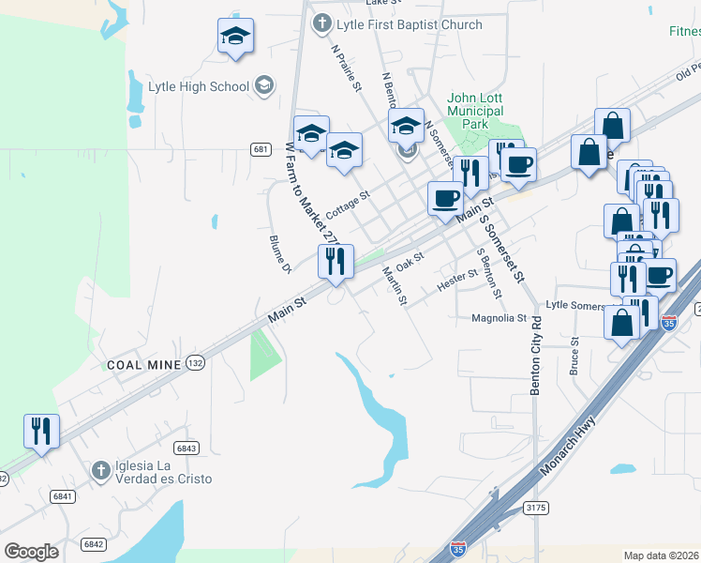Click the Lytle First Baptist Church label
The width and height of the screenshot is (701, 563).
point(410,25)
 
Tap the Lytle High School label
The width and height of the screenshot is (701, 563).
point(199,87)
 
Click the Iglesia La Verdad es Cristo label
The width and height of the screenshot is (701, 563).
point(163,472)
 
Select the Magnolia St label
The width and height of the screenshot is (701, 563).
point(500,319)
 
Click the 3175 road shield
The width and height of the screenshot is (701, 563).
point(536,508)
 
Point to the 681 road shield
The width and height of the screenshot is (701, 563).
point(261,149)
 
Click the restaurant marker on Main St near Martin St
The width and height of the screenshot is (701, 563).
point(336,261)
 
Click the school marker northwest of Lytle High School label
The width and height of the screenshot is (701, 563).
point(235,38)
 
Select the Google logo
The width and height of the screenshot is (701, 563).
point(31,552)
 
